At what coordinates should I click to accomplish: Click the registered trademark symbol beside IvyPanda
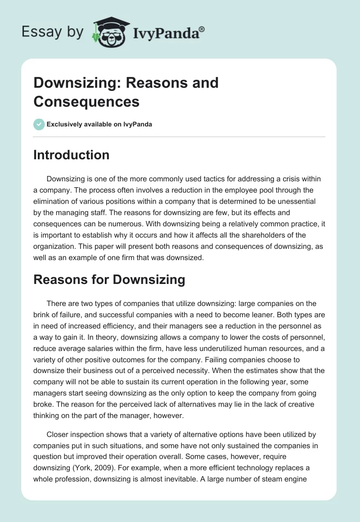[202, 29]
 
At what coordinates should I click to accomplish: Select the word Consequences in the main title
[86, 101]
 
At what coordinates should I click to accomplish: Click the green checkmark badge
[39, 124]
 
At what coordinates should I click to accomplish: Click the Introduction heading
[72, 155]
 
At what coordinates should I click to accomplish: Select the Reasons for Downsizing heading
[109, 279]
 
